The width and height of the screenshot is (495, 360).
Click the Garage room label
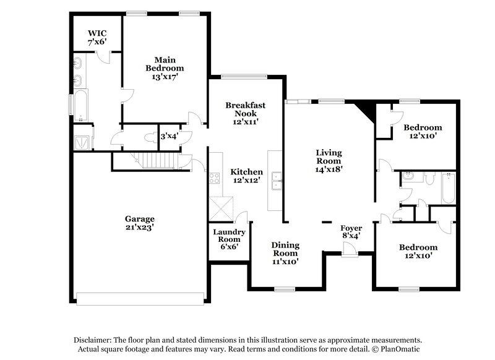point(139,223)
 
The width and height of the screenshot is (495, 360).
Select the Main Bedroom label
point(165,67)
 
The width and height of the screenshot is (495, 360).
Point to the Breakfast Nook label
point(245,113)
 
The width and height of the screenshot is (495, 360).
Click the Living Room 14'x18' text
point(329,160)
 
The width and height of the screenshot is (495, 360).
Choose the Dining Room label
point(285,253)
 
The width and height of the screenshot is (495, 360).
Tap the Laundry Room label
point(230,239)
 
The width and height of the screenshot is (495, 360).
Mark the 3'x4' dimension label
point(168,137)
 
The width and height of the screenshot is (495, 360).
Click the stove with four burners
point(215,178)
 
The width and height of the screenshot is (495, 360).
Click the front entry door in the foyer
point(350,249)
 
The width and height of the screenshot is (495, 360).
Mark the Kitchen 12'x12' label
point(247,176)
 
